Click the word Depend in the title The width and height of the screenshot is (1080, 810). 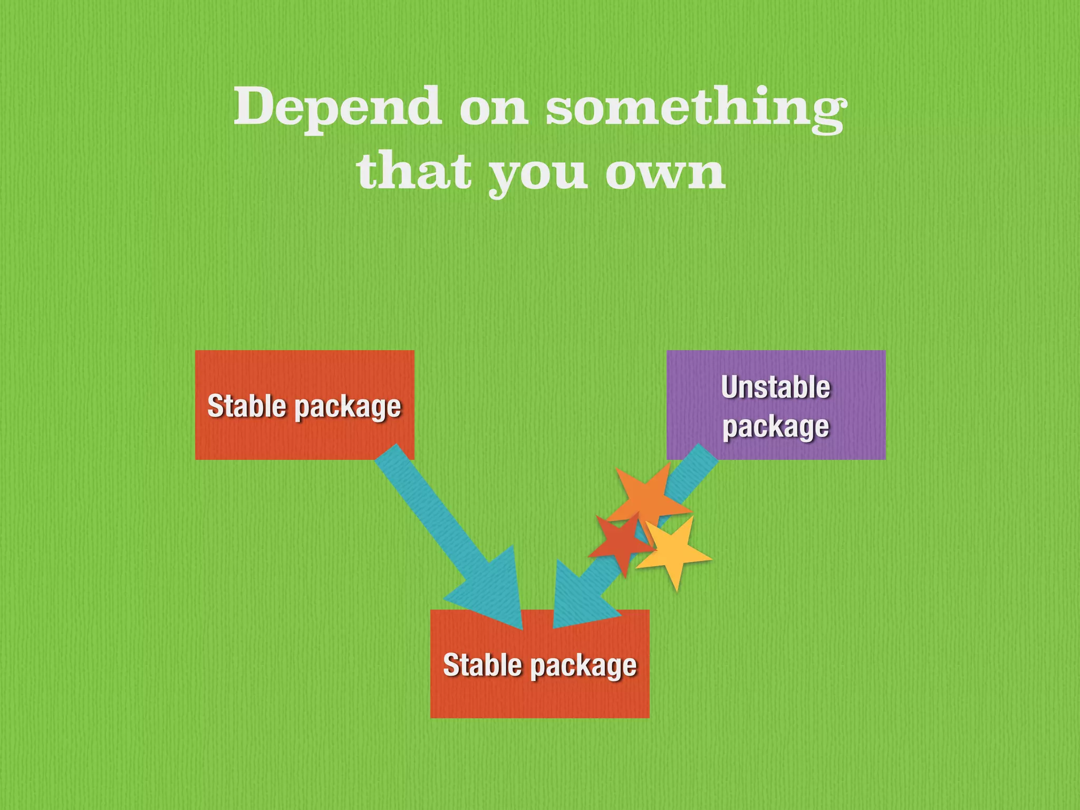337,107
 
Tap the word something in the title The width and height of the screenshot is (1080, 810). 695,108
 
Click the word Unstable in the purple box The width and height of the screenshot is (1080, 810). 775,388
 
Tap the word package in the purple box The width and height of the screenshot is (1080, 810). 775,427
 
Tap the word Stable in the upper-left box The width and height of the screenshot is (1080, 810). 247,406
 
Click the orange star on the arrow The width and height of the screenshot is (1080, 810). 647,496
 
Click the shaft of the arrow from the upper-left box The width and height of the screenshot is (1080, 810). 432,512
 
